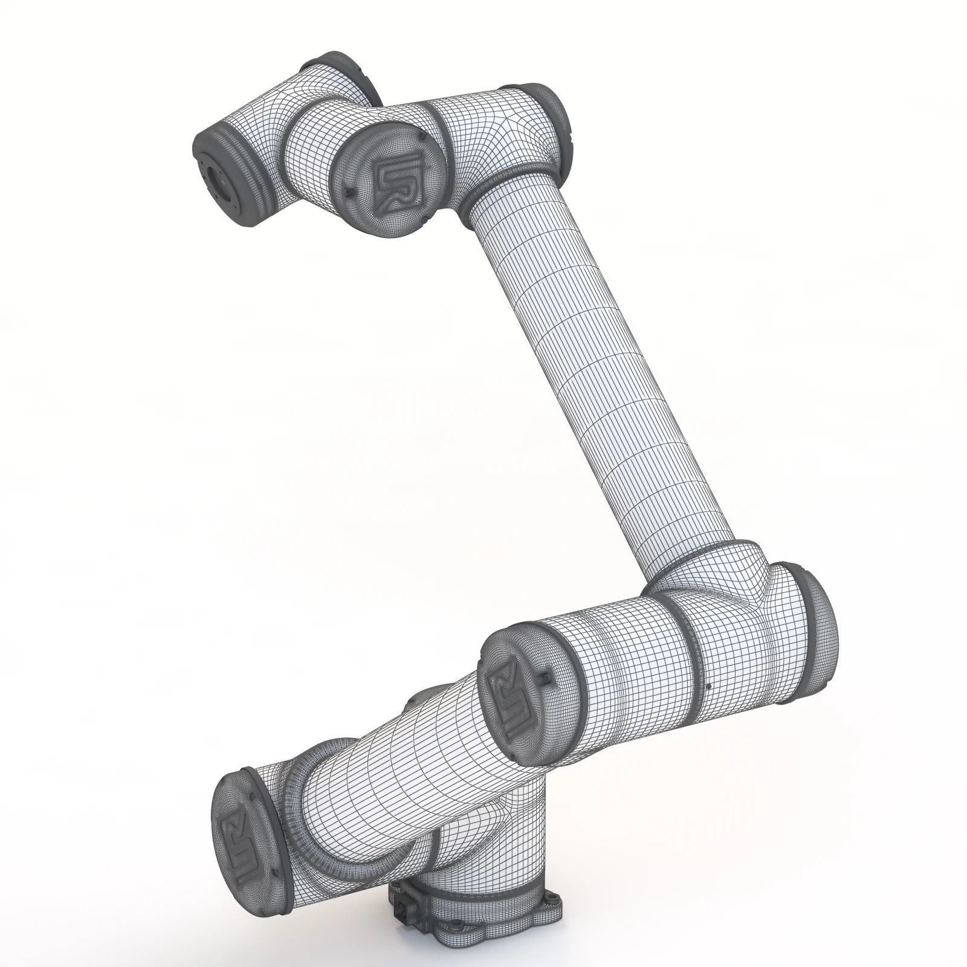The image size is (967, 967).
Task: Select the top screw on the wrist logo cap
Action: [419, 140]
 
